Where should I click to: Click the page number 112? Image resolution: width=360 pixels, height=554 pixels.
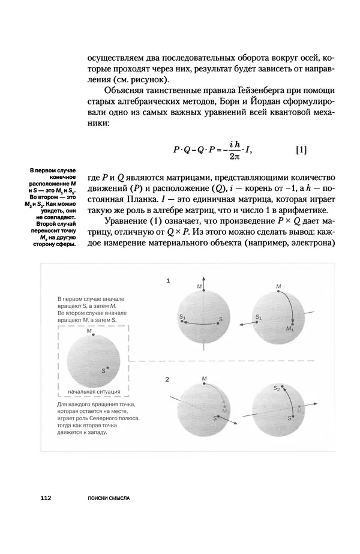(x=45, y=498)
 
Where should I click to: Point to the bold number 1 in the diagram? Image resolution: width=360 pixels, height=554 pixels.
(x=169, y=280)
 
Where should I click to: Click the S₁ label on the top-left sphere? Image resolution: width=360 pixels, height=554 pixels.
(x=182, y=316)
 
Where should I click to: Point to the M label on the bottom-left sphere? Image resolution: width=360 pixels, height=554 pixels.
(x=204, y=379)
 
